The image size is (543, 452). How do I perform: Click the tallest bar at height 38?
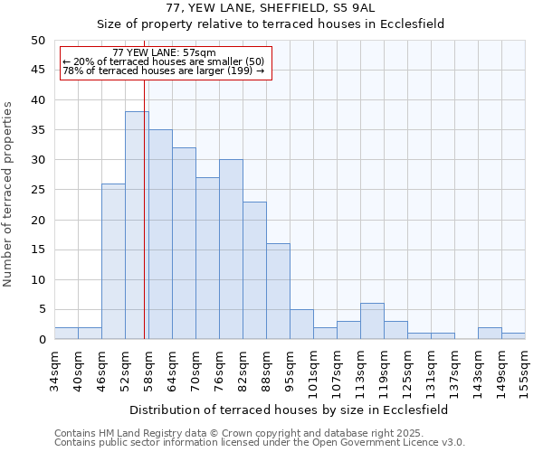pos(137,226)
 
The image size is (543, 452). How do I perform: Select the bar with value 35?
pos(160,235)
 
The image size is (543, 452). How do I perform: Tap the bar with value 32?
pos(184,244)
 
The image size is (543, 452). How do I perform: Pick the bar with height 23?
pos(254,271)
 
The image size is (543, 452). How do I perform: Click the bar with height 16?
pos(278,292)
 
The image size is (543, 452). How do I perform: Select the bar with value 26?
pos(113,262)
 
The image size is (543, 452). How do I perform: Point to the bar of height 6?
pos(372,322)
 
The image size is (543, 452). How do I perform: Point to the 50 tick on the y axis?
pos(37,41)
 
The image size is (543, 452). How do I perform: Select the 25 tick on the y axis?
pos(37,190)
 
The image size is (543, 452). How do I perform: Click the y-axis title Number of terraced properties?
pos(8,193)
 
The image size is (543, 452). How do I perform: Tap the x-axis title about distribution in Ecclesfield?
pos(289,410)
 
